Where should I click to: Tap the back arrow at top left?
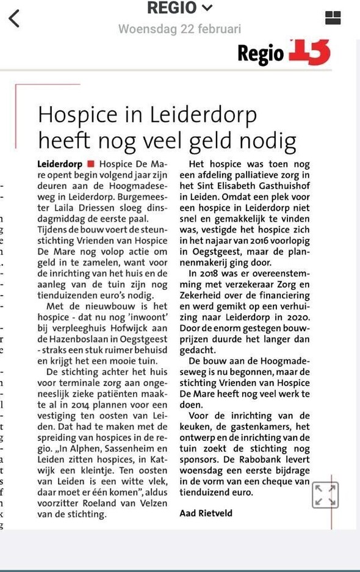[x=14, y=18]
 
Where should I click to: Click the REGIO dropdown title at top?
[x=179, y=9]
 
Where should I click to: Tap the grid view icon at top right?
[x=333, y=18]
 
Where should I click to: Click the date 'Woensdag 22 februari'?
[x=179, y=29]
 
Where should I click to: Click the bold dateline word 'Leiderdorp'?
[x=60, y=164]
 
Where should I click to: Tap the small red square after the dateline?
[x=90, y=164]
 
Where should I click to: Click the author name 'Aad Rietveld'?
[x=206, y=513]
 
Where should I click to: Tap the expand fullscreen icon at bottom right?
[x=325, y=494]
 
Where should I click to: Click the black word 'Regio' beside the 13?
[x=261, y=54]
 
